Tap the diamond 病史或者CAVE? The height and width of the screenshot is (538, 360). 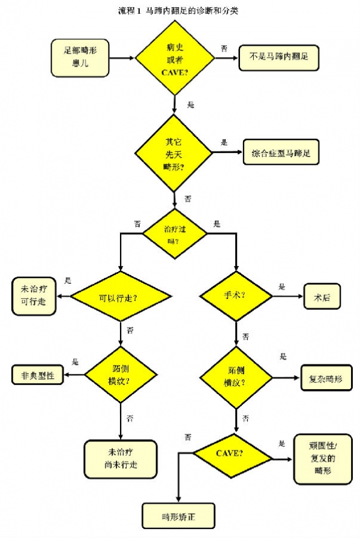(x=175, y=58)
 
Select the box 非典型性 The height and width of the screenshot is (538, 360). (x=38, y=376)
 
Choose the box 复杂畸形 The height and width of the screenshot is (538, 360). (x=326, y=378)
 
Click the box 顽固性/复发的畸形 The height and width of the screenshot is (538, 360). (x=322, y=459)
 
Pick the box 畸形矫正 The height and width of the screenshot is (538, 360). (x=178, y=516)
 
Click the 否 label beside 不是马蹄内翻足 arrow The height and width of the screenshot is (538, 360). (x=224, y=48)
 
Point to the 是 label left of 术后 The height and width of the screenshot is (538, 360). (x=282, y=286)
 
